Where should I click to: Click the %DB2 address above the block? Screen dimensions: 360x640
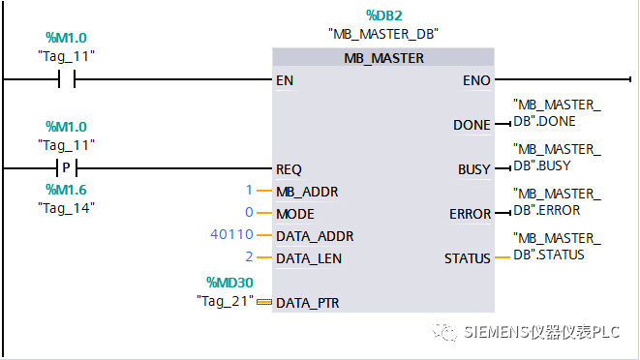point(383,16)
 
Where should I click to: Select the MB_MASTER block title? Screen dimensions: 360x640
point(383,58)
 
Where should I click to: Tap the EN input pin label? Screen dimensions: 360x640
point(285,80)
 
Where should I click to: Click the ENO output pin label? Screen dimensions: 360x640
point(476,80)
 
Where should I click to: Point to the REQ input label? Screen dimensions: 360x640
point(289,169)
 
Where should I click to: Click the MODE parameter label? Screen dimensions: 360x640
point(295,213)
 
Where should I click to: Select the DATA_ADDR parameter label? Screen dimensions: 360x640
point(315,235)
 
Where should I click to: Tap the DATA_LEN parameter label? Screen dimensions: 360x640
point(309,258)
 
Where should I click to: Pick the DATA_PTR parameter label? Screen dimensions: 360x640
point(308,302)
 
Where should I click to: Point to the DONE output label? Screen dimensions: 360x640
point(472,125)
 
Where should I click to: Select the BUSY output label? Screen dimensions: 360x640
point(473,169)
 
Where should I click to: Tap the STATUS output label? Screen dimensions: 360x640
point(468,258)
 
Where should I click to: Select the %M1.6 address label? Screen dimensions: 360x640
point(66,190)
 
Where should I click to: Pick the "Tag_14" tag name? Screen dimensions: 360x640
point(66,207)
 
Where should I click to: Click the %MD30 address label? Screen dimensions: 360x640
point(229,282)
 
